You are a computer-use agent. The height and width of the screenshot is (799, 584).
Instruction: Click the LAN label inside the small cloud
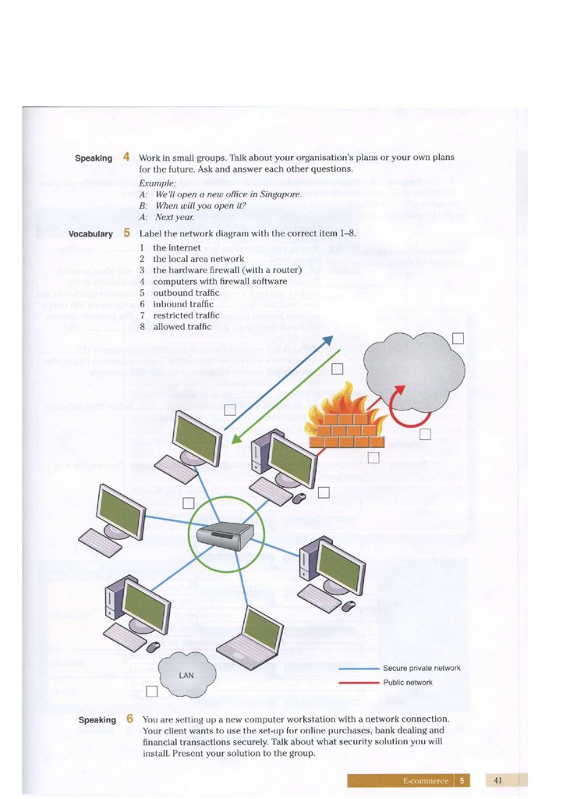[x=186, y=674]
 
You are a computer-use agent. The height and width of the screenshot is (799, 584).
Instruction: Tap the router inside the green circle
[x=225, y=535]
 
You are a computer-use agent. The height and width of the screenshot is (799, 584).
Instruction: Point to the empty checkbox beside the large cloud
[x=458, y=338]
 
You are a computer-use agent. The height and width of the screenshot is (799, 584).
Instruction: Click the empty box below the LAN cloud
[x=152, y=691]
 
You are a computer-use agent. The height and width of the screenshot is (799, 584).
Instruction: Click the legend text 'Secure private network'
[x=421, y=669]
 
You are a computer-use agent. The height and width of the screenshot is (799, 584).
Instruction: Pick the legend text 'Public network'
[x=407, y=683]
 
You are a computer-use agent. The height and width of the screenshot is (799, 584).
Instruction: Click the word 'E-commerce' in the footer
[x=426, y=780]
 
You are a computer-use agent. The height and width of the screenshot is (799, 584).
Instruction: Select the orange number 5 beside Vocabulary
[x=126, y=233]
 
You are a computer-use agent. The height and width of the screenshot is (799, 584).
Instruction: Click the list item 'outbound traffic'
[x=186, y=293]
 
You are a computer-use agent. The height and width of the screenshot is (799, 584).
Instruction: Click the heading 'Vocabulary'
[x=90, y=234]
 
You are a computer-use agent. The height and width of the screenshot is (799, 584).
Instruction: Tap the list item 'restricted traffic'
[x=186, y=315]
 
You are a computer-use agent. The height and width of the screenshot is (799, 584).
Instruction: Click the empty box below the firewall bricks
[x=373, y=457]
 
